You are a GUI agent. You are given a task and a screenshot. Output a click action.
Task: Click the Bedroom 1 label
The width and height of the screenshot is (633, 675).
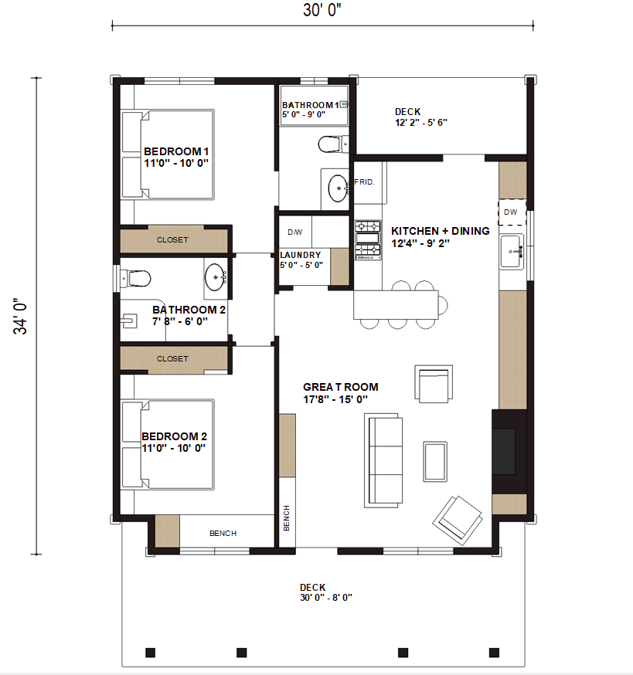click(176, 151)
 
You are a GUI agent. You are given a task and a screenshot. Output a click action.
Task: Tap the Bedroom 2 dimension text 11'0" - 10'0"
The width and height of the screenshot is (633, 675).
click(174, 448)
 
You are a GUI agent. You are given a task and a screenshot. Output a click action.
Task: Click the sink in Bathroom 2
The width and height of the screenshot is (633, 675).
click(216, 278)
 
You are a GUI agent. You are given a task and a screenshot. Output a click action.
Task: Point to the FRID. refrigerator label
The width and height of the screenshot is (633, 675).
click(364, 182)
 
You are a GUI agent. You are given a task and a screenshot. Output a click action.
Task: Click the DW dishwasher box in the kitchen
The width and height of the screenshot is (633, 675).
click(512, 212)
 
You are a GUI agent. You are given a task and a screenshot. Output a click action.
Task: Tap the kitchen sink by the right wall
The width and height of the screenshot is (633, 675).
click(512, 252)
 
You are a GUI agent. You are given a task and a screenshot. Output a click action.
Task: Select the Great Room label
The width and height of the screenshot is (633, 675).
click(340, 387)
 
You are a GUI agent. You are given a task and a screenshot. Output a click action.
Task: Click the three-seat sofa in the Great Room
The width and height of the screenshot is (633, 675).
click(383, 460)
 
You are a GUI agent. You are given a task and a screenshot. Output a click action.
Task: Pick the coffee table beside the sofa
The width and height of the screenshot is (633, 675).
click(435, 462)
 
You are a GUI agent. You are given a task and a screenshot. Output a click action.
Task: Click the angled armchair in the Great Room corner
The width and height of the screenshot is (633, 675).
click(458, 521)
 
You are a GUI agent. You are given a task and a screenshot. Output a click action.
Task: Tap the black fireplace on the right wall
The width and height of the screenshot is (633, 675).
click(509, 452)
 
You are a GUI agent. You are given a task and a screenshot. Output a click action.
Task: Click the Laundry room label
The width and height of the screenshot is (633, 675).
click(301, 255)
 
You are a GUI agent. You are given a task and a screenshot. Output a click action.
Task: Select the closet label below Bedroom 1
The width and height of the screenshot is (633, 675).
click(172, 239)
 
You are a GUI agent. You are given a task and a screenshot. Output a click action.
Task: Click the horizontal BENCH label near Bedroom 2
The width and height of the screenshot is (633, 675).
click(223, 534)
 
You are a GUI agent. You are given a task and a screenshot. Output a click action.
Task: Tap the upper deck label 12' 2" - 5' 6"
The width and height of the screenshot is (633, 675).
click(421, 123)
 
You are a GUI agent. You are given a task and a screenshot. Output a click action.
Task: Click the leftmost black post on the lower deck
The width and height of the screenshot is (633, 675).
click(151, 653)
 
